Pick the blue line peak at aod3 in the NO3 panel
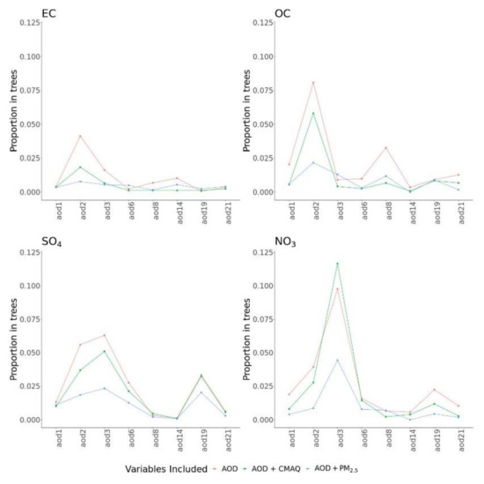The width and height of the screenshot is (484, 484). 337,360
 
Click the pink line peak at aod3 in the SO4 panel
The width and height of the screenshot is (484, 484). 104,335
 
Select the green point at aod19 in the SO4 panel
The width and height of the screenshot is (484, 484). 201,376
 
